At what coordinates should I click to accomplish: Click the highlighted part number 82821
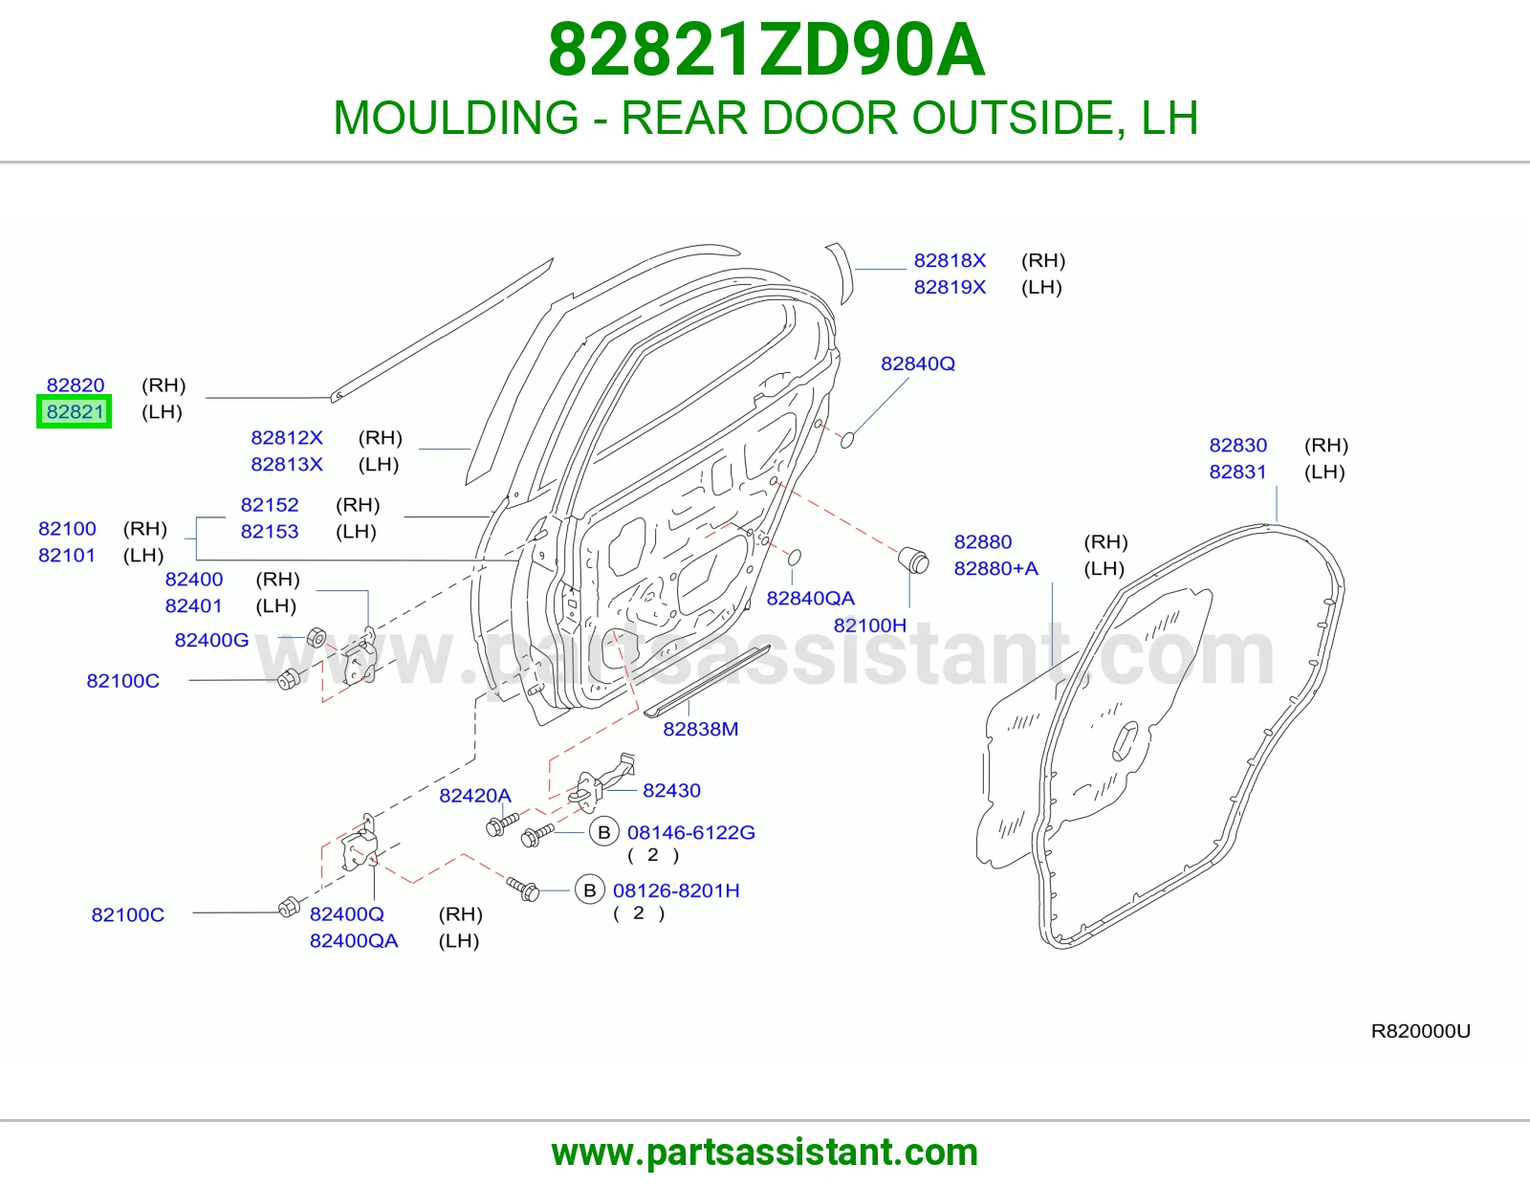pos(75,411)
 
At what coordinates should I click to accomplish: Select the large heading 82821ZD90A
pos(766,51)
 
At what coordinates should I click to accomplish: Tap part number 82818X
pos(950,260)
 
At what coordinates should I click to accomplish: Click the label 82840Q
pos(917,363)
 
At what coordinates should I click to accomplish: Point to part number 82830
pos(1237,445)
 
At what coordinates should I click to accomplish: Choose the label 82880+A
pos(995,568)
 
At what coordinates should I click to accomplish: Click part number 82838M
pos(701,729)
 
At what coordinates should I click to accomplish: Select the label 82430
pos(671,790)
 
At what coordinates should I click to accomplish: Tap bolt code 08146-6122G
pos(690,832)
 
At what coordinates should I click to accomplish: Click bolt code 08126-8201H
pos(676,890)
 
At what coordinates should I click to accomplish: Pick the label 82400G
pos(211,640)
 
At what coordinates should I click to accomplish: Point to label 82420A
pos(475,795)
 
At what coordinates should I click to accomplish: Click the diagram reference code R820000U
pos(1420,1031)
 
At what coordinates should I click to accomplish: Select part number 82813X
pos(287,464)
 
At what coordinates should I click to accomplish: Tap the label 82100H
pos(869,626)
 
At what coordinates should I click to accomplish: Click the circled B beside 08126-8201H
pos(590,890)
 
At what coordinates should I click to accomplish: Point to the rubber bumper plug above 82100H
pos(914,560)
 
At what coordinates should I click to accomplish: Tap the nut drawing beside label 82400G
pos(317,637)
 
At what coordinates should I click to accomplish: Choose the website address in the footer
pos(765,1153)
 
